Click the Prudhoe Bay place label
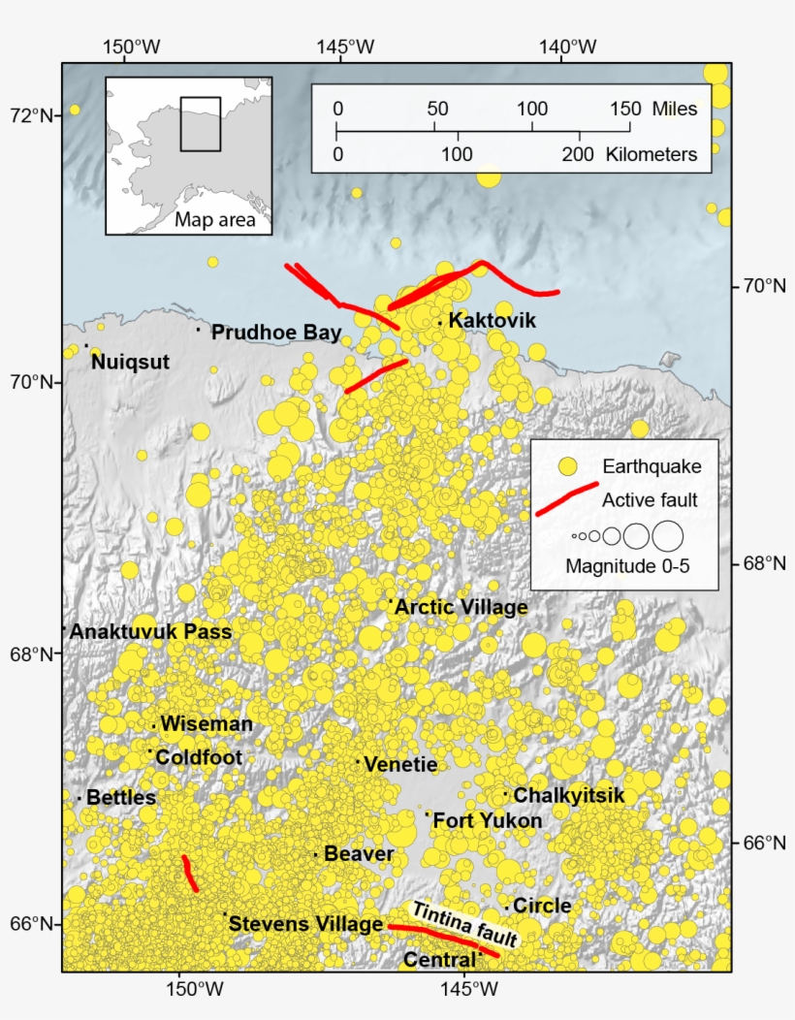tap(276, 333)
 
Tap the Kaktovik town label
tap(493, 321)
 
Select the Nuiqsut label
tap(130, 362)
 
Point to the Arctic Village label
tap(461, 608)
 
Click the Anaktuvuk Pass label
tap(151, 632)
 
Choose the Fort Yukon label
tap(488, 820)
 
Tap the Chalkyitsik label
tap(568, 795)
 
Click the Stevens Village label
tap(306, 924)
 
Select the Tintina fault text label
tap(466, 924)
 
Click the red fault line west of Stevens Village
tap(190, 874)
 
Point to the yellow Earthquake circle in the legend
tap(567, 467)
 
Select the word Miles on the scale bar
tap(675, 109)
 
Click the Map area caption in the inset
tap(215, 220)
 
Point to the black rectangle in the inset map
tap(201, 123)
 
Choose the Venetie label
tap(400, 764)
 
